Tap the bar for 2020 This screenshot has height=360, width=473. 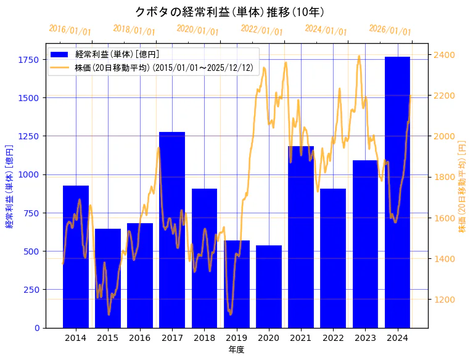(x=269, y=286)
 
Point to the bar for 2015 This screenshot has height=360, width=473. (x=108, y=278)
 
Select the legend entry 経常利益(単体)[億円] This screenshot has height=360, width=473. (x=117, y=54)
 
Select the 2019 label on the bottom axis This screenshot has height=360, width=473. (x=237, y=338)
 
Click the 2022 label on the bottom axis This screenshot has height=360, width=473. (x=333, y=338)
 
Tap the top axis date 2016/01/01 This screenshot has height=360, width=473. (x=70, y=30)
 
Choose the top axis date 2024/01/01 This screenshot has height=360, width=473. (x=326, y=30)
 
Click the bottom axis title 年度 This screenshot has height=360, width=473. (x=237, y=350)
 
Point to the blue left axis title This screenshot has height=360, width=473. (x=9, y=186)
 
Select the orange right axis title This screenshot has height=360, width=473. (x=463, y=186)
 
